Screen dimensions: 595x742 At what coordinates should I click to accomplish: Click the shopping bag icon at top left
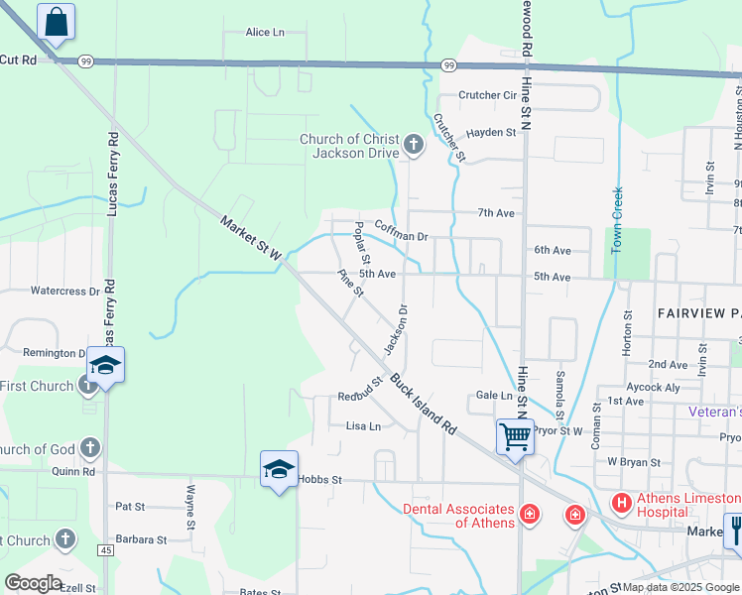(57, 21)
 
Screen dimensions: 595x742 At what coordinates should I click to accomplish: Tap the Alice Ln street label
(265, 33)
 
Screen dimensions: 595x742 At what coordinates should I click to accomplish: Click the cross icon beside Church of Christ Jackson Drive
(414, 147)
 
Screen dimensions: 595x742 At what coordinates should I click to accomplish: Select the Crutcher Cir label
(488, 96)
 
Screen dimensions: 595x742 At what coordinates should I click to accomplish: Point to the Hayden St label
(492, 132)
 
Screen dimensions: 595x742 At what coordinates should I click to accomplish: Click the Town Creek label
(616, 220)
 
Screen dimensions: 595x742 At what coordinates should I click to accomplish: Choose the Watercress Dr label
(65, 292)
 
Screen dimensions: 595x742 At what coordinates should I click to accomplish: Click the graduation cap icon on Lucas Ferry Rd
(105, 365)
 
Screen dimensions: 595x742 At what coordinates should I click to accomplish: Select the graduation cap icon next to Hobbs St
(279, 468)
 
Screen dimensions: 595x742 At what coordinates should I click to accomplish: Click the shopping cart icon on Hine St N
(515, 434)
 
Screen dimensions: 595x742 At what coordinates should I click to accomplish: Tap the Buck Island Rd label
(423, 404)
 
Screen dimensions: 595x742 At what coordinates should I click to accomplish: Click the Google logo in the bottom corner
(32, 582)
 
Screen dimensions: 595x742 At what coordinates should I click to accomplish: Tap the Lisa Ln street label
(363, 426)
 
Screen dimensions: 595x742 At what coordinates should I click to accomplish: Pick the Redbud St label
(360, 389)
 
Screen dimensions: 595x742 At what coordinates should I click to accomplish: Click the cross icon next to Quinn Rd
(89, 448)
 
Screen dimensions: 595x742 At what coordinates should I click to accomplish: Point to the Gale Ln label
(494, 395)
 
